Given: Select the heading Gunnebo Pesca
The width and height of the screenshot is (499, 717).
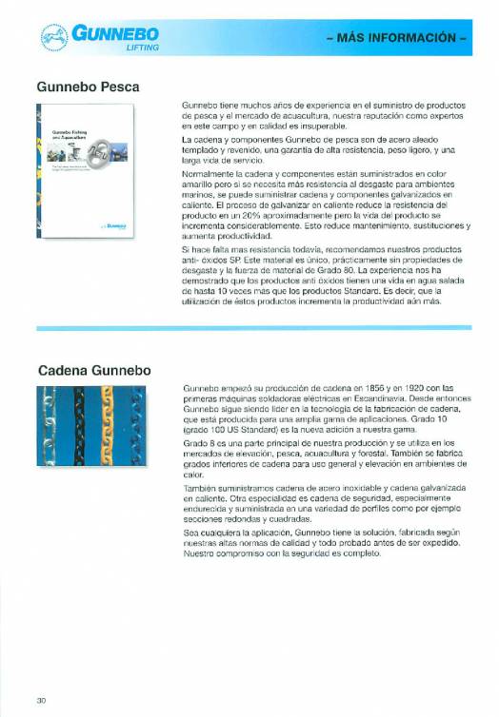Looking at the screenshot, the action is pos(89,86).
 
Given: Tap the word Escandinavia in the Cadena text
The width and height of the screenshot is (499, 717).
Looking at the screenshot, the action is pos(379,398).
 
